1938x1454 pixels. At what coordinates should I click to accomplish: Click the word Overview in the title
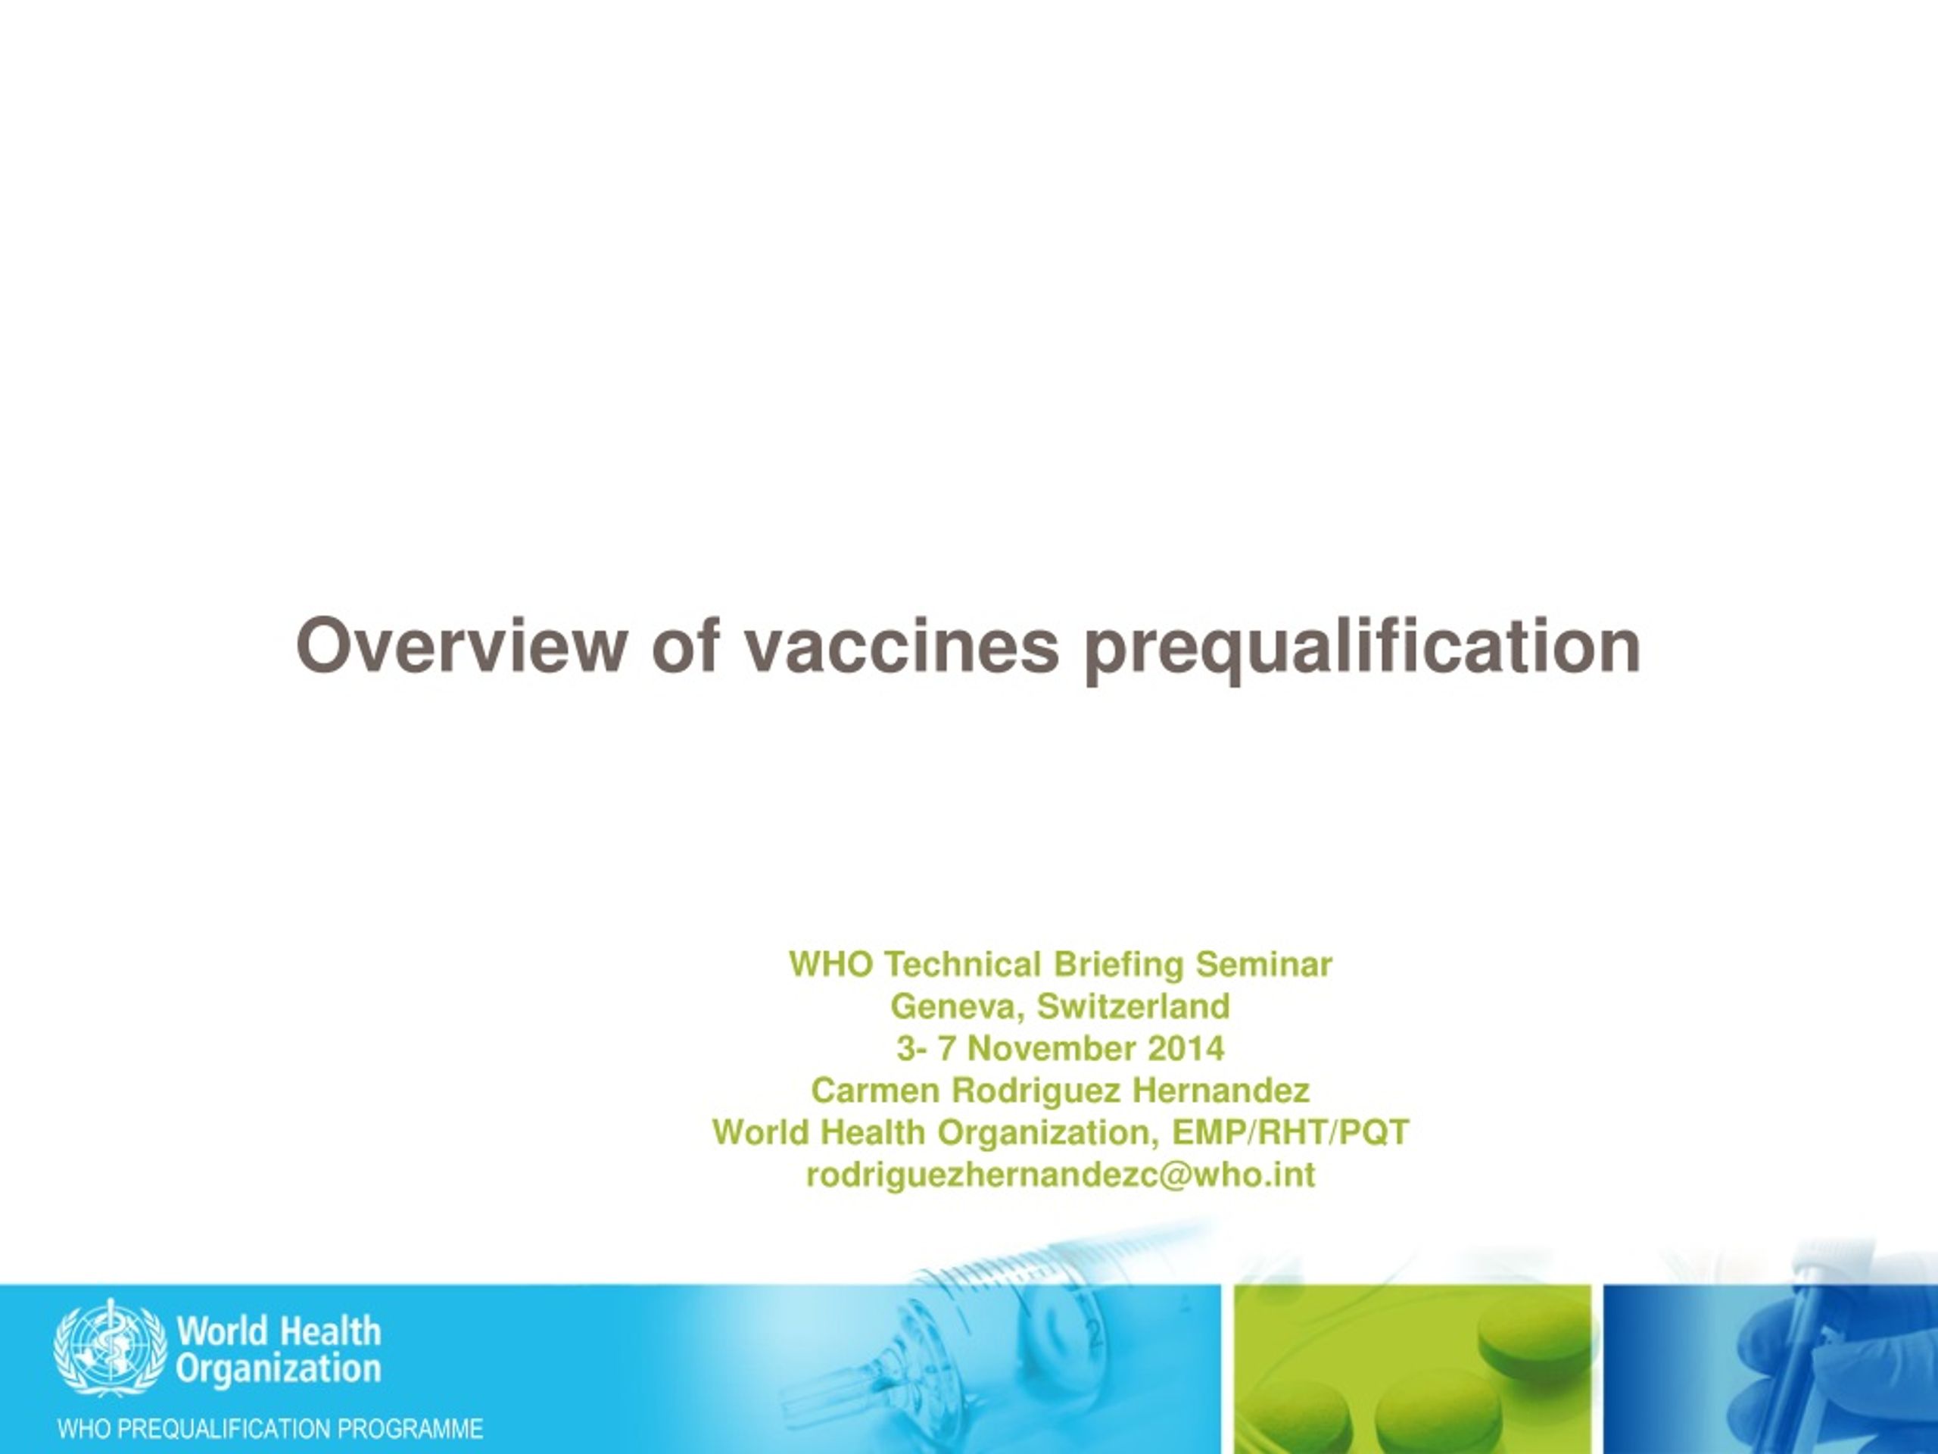[462, 645]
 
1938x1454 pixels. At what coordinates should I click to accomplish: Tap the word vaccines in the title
[902, 647]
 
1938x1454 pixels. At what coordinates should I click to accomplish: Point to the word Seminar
[1264, 964]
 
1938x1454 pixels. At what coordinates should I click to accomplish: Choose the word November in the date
[1052, 1048]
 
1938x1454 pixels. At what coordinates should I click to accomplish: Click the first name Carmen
[875, 1090]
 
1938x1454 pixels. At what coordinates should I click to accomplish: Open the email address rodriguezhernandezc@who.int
[1060, 1175]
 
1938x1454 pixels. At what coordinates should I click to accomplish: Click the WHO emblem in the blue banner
[110, 1346]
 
